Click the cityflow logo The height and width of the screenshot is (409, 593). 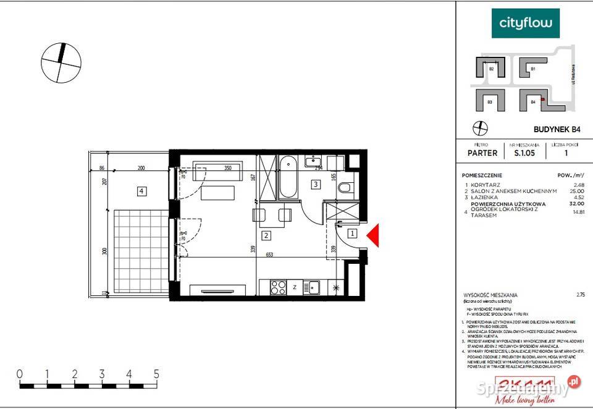coord(525,24)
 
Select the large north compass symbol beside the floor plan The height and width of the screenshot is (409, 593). coord(61,62)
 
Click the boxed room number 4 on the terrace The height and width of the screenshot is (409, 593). coord(142,191)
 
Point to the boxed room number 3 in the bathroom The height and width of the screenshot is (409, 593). coord(315,183)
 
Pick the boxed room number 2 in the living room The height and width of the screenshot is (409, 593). coord(266,235)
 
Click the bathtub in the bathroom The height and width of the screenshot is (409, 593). coord(288,177)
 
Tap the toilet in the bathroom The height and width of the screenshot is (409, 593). coord(346,187)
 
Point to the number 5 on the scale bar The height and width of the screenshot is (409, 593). coord(157,374)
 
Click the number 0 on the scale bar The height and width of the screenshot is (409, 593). coord(20,374)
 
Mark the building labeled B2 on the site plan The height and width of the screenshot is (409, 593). coord(491,69)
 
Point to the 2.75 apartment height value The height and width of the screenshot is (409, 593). coord(579,295)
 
